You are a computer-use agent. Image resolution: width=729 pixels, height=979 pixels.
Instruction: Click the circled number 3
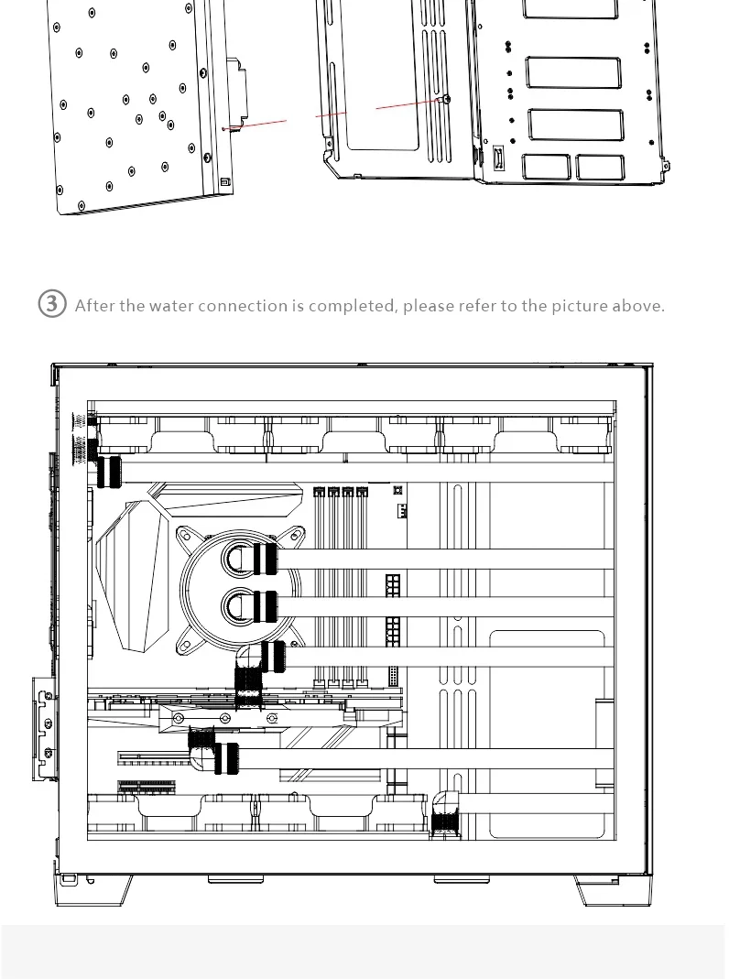(x=52, y=304)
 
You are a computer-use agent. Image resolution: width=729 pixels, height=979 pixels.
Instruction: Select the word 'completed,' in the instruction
(x=353, y=306)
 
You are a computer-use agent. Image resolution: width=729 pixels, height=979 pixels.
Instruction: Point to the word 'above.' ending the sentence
(x=637, y=306)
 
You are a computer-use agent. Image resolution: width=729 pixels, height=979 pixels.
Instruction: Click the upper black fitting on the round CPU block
(x=264, y=557)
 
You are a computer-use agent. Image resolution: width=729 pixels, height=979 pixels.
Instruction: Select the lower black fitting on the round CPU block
(x=264, y=604)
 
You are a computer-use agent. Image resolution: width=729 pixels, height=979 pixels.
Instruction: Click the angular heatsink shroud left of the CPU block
(x=128, y=577)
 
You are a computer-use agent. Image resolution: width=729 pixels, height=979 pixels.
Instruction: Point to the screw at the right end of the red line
(x=446, y=99)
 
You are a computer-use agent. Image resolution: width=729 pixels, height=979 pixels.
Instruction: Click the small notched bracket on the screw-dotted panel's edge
(x=235, y=92)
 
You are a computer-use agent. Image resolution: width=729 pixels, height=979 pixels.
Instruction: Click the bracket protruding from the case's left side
(x=42, y=728)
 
